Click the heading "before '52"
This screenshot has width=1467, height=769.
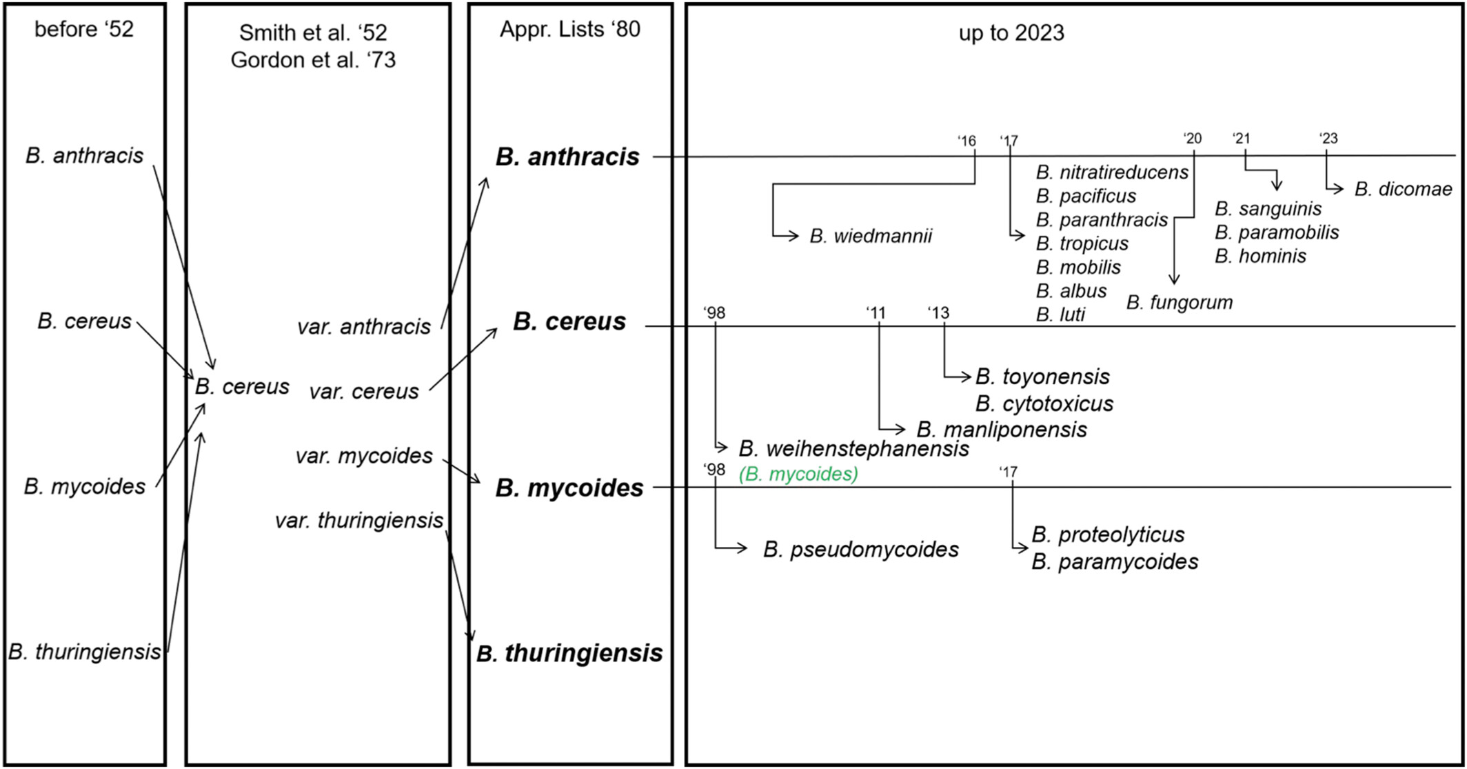point(84,30)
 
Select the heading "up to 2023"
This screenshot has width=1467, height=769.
point(1011,33)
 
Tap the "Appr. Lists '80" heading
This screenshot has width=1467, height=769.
point(570,30)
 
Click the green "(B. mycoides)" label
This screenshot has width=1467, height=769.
point(798,475)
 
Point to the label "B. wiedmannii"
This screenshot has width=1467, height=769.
point(871,237)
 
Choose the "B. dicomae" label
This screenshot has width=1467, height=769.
point(1403,189)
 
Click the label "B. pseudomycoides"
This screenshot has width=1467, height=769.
point(861,550)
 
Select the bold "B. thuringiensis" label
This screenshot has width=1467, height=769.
point(569,653)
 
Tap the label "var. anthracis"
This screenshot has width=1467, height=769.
point(364,326)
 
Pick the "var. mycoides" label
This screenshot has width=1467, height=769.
point(364,456)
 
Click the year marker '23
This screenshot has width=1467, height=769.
point(1328,139)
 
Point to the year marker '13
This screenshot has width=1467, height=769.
point(938,313)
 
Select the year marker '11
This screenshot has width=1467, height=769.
point(876,313)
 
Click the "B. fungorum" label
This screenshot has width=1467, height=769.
point(1180,303)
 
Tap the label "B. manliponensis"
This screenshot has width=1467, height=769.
point(1002,430)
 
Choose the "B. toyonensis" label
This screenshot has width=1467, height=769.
point(1042,377)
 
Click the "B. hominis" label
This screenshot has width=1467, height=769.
point(1261,257)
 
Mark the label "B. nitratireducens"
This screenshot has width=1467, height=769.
point(1112,172)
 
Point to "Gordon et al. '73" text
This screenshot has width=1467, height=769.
point(313,61)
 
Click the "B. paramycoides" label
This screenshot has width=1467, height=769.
point(1115,562)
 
